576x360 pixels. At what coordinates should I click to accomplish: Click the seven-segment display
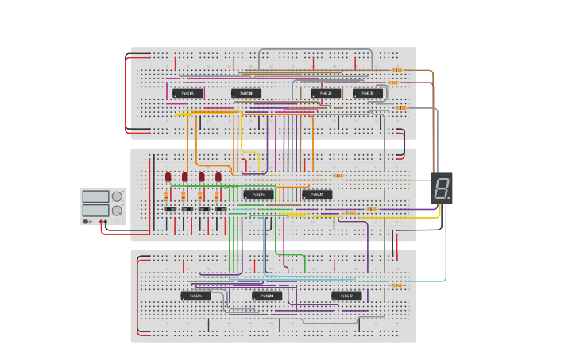(443, 188)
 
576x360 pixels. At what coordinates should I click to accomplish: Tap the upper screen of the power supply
(95, 196)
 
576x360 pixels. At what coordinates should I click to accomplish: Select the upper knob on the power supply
(117, 196)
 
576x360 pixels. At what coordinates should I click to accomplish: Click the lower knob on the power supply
(117, 211)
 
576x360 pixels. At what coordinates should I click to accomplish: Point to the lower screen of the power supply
(95, 211)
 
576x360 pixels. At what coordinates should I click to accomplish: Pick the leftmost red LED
(168, 176)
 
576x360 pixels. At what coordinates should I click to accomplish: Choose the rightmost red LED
(218, 176)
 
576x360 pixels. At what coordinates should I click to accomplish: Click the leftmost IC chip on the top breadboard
(187, 93)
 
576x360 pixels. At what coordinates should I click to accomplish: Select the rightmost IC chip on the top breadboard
(368, 93)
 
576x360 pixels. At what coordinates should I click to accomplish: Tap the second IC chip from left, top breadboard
(246, 93)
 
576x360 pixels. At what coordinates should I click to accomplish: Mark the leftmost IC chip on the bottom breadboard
(196, 296)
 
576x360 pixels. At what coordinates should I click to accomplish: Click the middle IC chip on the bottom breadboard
(267, 296)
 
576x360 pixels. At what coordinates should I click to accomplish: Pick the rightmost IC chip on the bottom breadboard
(346, 296)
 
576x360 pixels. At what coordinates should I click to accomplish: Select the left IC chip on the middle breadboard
(258, 194)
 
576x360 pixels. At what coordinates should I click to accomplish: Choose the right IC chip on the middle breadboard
(317, 194)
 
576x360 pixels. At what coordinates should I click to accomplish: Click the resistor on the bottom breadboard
(396, 285)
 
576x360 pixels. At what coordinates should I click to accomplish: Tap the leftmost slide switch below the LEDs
(170, 209)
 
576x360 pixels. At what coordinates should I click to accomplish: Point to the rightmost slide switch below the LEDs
(220, 209)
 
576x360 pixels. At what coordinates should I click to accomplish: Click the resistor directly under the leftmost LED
(168, 195)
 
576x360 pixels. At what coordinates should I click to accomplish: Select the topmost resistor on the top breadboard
(396, 70)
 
